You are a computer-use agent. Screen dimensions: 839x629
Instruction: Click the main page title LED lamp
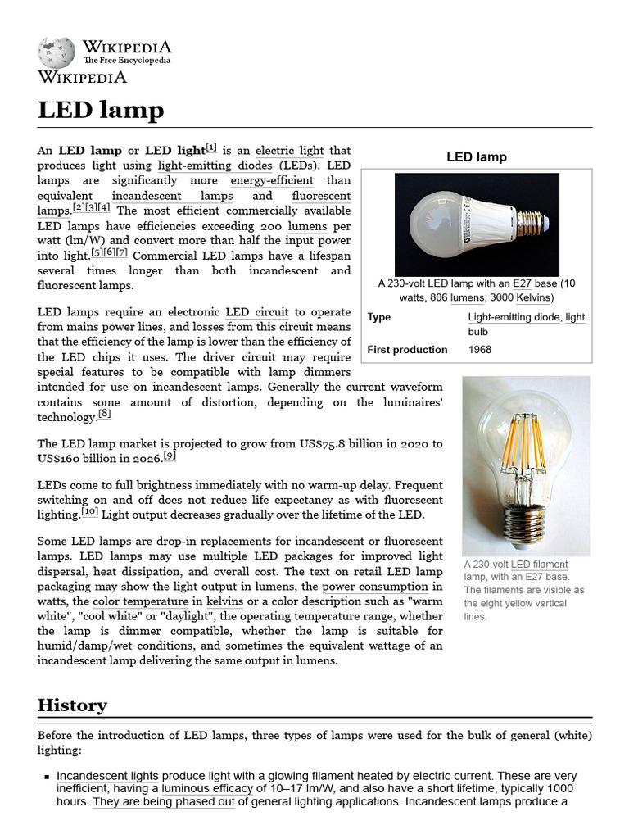click(101, 110)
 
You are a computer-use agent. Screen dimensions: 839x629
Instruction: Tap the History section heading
click(72, 705)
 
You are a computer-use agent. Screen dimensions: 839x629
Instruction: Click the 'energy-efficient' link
click(271, 180)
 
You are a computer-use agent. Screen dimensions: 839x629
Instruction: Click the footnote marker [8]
click(105, 415)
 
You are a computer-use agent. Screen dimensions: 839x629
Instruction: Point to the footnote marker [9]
click(170, 456)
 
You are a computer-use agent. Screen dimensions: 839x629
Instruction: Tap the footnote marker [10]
click(89, 512)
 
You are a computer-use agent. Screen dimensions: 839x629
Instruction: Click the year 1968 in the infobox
click(480, 350)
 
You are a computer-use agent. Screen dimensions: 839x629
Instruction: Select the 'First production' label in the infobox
click(407, 350)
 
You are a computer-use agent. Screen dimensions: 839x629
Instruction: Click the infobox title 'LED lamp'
click(476, 156)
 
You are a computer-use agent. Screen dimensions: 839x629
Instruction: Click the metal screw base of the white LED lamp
click(532, 225)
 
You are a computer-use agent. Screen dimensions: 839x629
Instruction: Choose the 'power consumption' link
click(375, 587)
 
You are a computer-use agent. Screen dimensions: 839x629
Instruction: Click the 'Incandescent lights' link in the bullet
click(107, 775)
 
